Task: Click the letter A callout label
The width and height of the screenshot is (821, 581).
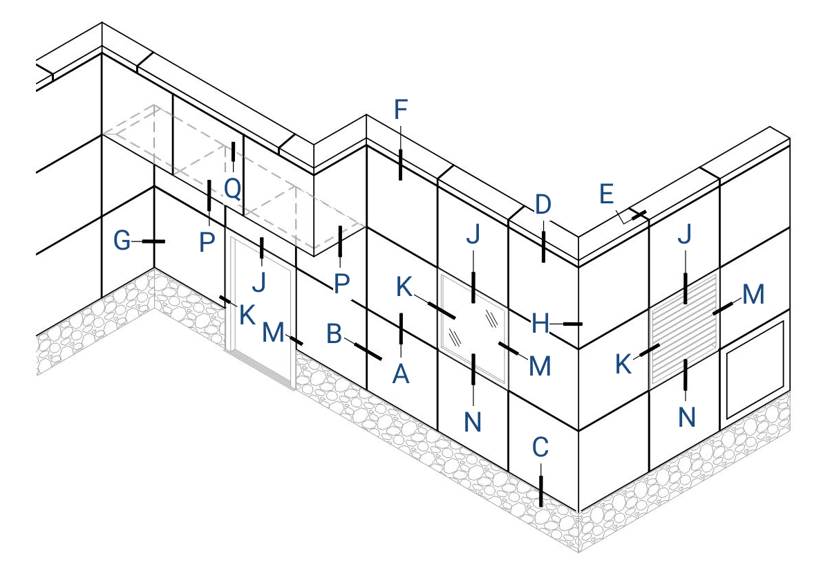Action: tap(401, 374)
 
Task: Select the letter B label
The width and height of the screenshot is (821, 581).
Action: tap(334, 333)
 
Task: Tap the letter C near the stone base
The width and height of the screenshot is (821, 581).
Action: tap(540, 448)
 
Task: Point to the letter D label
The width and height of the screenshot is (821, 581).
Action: tap(543, 204)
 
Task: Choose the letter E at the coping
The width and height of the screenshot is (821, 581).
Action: tap(606, 194)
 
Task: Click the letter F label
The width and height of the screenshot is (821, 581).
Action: tap(401, 110)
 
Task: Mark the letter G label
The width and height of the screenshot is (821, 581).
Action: tap(122, 241)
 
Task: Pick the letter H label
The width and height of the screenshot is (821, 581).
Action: tap(540, 324)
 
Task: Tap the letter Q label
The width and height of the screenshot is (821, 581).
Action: tap(232, 189)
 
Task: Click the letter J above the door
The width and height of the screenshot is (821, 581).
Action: tap(258, 282)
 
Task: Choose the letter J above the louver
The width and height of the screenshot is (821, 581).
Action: tap(684, 234)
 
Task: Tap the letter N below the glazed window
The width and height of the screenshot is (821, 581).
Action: tap(473, 422)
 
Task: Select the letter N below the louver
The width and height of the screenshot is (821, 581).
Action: tap(686, 417)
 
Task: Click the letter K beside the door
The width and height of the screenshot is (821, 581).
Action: tap(247, 315)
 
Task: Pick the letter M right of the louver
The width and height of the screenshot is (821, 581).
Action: tap(753, 295)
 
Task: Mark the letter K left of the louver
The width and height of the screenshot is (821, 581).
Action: tap(623, 365)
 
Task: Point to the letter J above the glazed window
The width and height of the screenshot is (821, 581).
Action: tap(473, 234)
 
